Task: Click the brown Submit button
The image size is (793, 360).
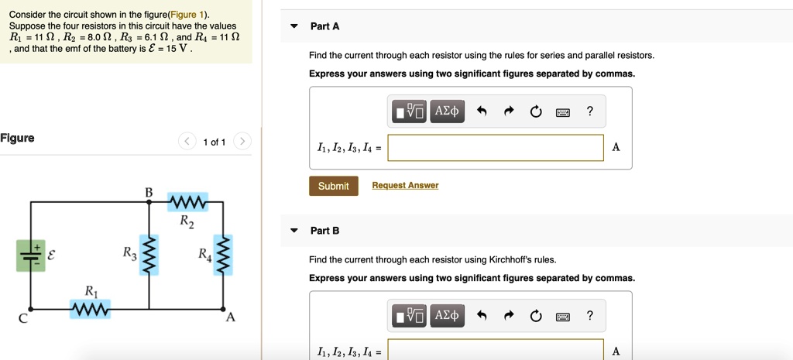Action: coord(334,186)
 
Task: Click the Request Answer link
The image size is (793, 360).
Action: coord(405,186)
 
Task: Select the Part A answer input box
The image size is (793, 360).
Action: coord(496,148)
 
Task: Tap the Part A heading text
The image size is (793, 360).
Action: coord(324,26)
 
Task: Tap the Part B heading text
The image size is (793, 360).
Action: coord(324,231)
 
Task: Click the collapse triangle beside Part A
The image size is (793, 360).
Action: coord(294,26)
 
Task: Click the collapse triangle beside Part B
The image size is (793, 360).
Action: coord(294,231)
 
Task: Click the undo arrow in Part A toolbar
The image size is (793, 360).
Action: coord(482,111)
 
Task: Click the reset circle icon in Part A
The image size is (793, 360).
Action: coord(536,111)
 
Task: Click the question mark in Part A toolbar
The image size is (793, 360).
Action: coord(590,111)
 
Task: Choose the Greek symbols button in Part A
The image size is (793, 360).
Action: coord(447,111)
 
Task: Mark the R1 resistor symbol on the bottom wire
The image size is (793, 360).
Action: coord(91,309)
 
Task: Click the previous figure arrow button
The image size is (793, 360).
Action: coord(187,141)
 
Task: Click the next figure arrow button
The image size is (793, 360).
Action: coord(242,141)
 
